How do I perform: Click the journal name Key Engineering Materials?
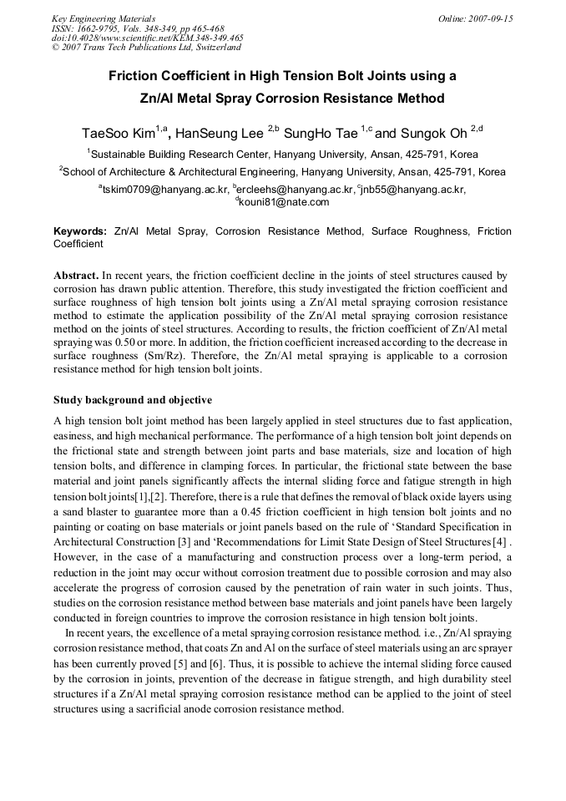[x=103, y=18]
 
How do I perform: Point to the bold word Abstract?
[x=76, y=275]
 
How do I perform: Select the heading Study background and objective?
[x=133, y=400]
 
